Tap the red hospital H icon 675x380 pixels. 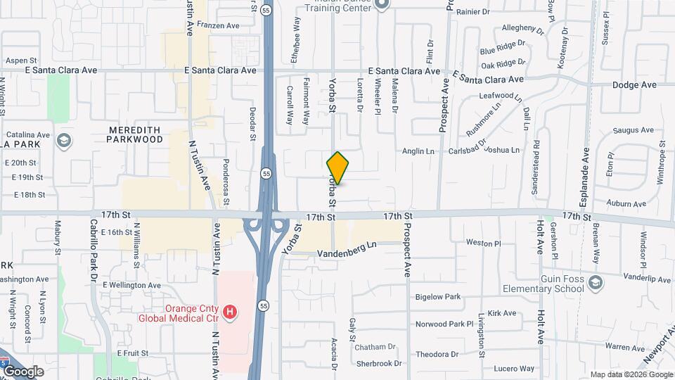(x=229, y=311)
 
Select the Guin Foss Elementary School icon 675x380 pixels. (x=596, y=283)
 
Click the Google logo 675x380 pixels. (x=23, y=372)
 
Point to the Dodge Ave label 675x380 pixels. (x=634, y=84)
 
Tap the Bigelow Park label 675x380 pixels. (x=437, y=297)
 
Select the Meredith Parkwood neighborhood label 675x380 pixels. (x=135, y=134)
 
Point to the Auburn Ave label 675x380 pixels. (x=626, y=204)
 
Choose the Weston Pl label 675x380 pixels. (x=483, y=243)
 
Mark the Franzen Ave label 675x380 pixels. (x=218, y=25)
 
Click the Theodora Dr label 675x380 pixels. (x=437, y=354)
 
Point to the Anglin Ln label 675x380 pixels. (x=418, y=151)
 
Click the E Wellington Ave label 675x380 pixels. (x=131, y=285)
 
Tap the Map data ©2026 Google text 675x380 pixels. (x=631, y=374)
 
